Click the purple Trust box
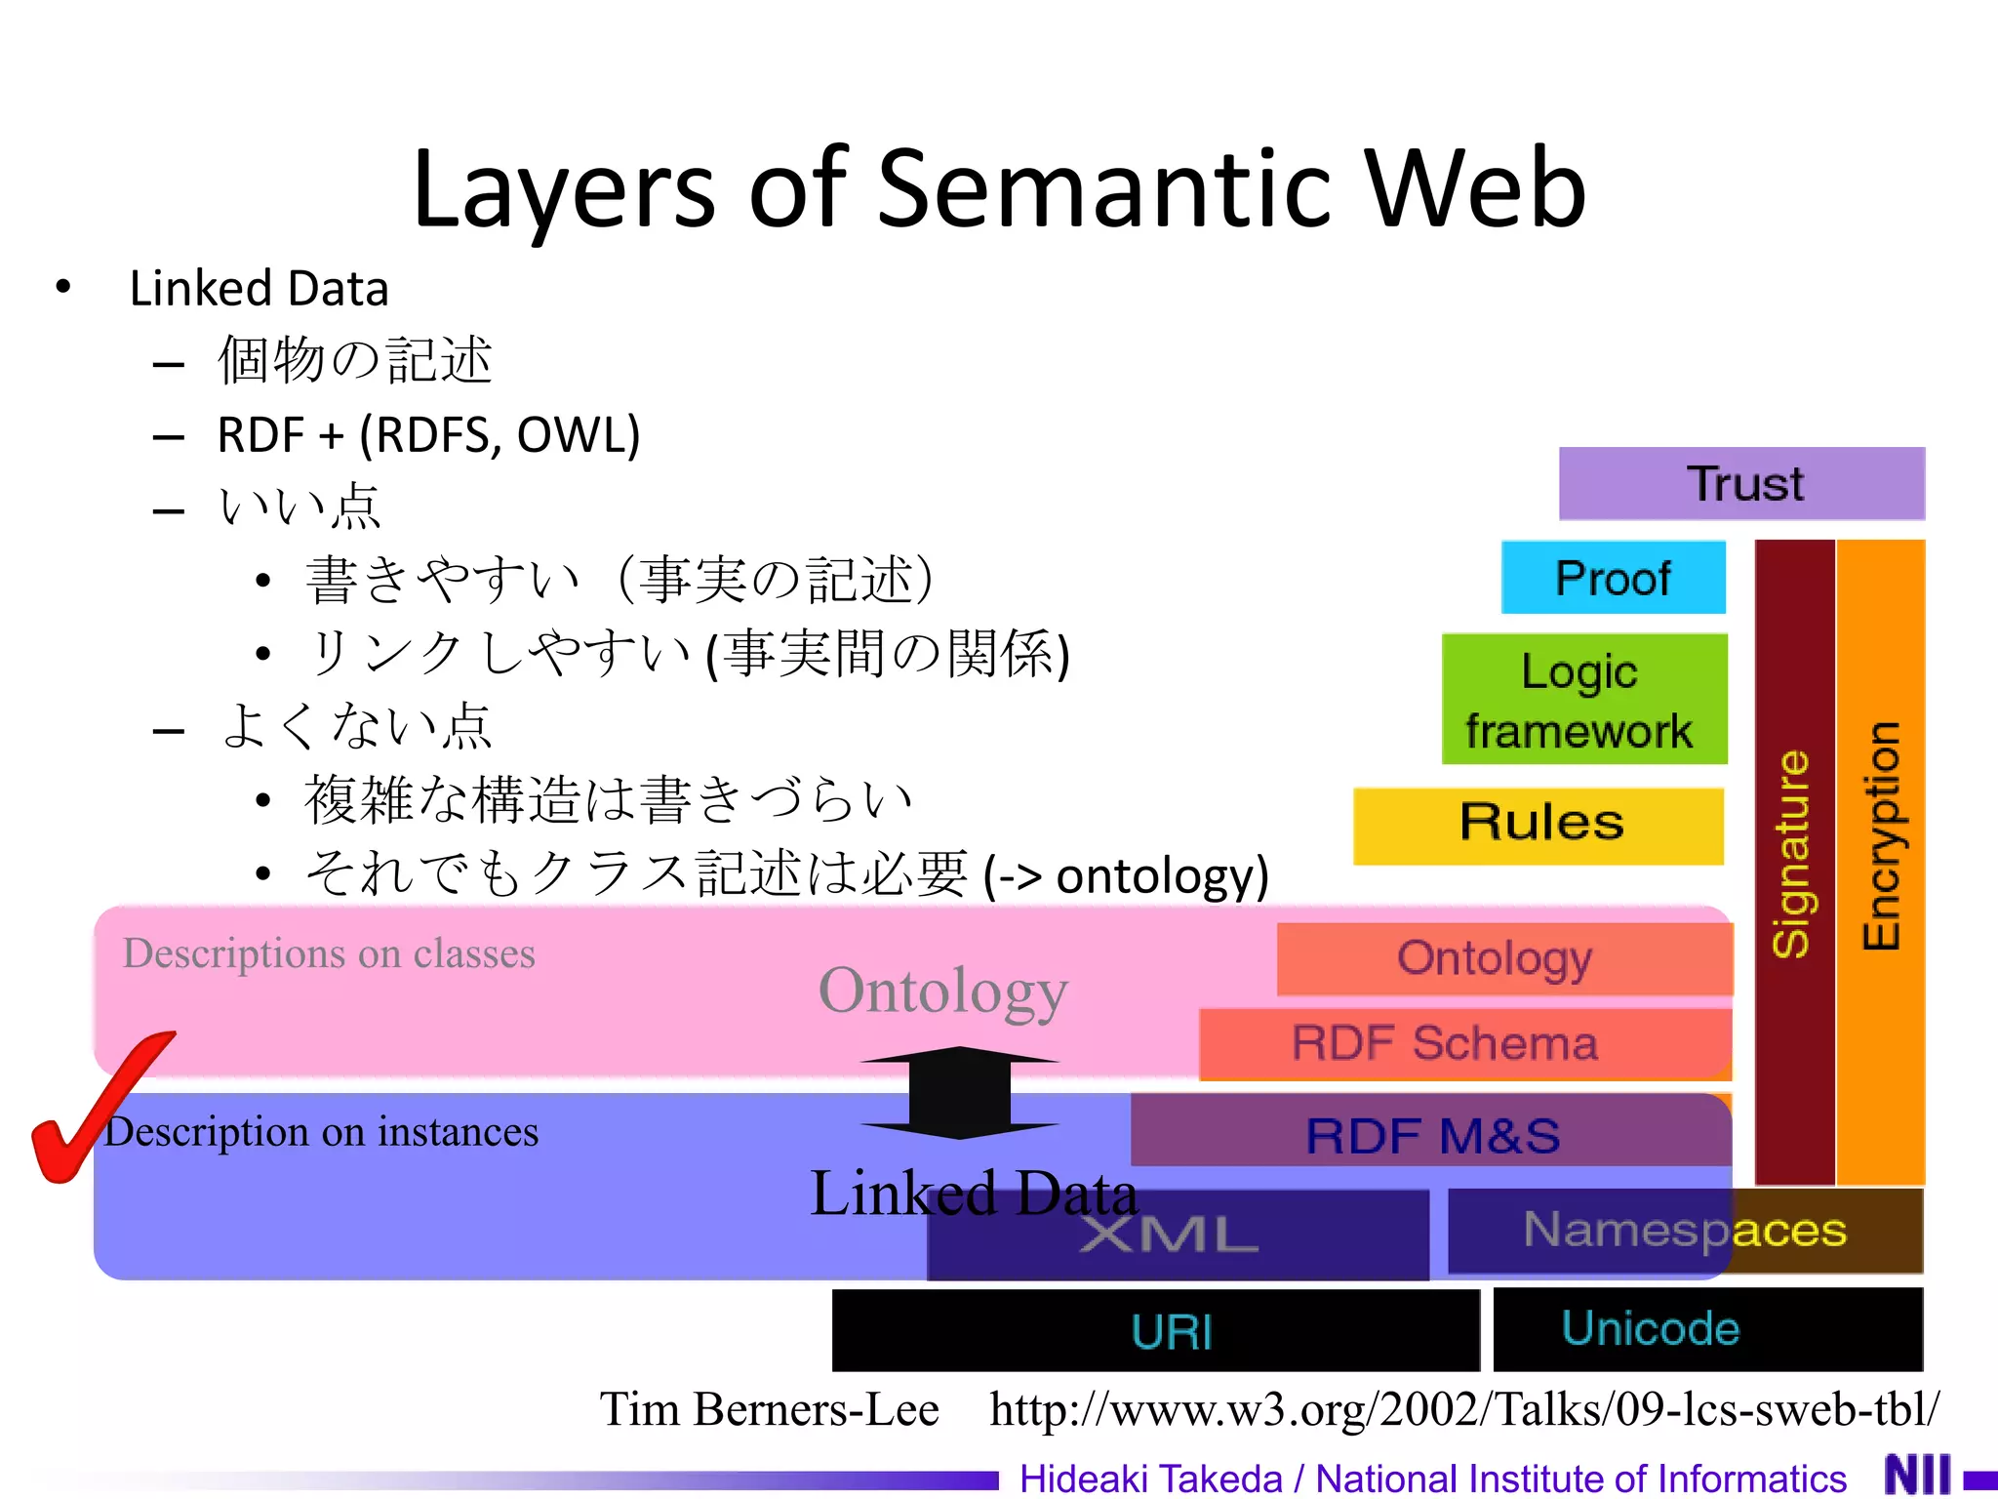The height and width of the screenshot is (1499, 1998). tap(1741, 484)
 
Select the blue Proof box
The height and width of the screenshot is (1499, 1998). tap(1613, 578)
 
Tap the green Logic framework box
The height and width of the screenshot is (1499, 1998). tap(1583, 700)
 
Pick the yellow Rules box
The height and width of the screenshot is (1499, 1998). tap(1538, 826)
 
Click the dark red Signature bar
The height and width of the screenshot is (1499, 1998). tap(1793, 859)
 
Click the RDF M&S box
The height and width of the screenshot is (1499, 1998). tap(1431, 1134)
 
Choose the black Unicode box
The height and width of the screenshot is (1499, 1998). tap(1707, 1329)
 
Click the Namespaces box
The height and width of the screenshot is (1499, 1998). tap(1685, 1230)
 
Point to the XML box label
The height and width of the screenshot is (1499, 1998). tap(1169, 1236)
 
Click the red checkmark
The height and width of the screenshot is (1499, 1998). tap(88, 1113)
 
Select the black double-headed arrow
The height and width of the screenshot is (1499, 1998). tap(960, 1093)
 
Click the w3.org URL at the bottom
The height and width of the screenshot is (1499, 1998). tap(1463, 1409)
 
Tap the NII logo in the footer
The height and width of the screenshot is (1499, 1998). tap(1917, 1476)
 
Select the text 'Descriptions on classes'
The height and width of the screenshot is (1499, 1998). tap(329, 953)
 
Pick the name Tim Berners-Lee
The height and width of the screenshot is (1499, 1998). tap(770, 1409)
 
